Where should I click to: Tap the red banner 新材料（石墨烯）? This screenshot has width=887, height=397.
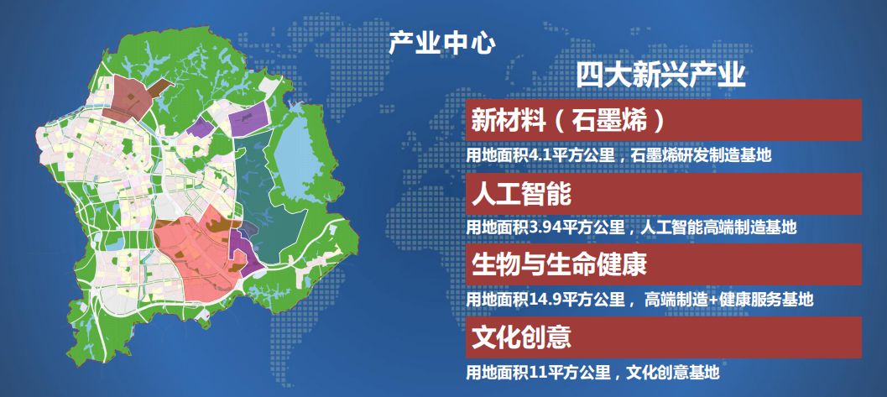[664, 120]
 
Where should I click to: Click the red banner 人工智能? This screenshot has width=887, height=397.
[664, 194]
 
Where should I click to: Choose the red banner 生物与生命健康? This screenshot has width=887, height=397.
[664, 264]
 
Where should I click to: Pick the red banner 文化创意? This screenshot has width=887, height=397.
[664, 337]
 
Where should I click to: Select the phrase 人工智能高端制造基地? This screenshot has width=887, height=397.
[718, 228]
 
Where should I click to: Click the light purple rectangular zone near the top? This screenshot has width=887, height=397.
[248, 118]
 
